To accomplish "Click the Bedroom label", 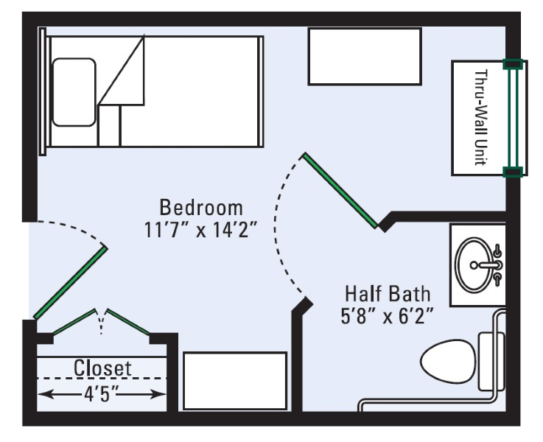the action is tap(201, 208).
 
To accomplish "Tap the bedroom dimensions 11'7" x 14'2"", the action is tap(201, 230).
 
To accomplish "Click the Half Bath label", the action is tap(388, 294).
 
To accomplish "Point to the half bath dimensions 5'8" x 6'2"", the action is tap(387, 316).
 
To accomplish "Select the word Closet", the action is tap(102, 368).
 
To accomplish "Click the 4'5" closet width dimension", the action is tap(101, 393).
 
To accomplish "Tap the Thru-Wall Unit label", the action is tap(480, 118).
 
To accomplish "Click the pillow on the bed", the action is tap(74, 92).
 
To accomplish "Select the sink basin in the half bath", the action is tap(473, 264).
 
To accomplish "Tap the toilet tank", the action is tap(491, 362).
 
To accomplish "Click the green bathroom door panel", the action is tap(340, 190).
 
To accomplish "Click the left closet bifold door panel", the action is tap(74, 322).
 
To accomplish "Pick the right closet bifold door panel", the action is tap(128, 322).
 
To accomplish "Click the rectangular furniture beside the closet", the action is tap(235, 381).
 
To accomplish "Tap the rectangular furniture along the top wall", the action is tap(365, 57).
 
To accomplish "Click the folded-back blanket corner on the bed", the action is tap(122, 71).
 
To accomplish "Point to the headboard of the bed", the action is tap(43, 91).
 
